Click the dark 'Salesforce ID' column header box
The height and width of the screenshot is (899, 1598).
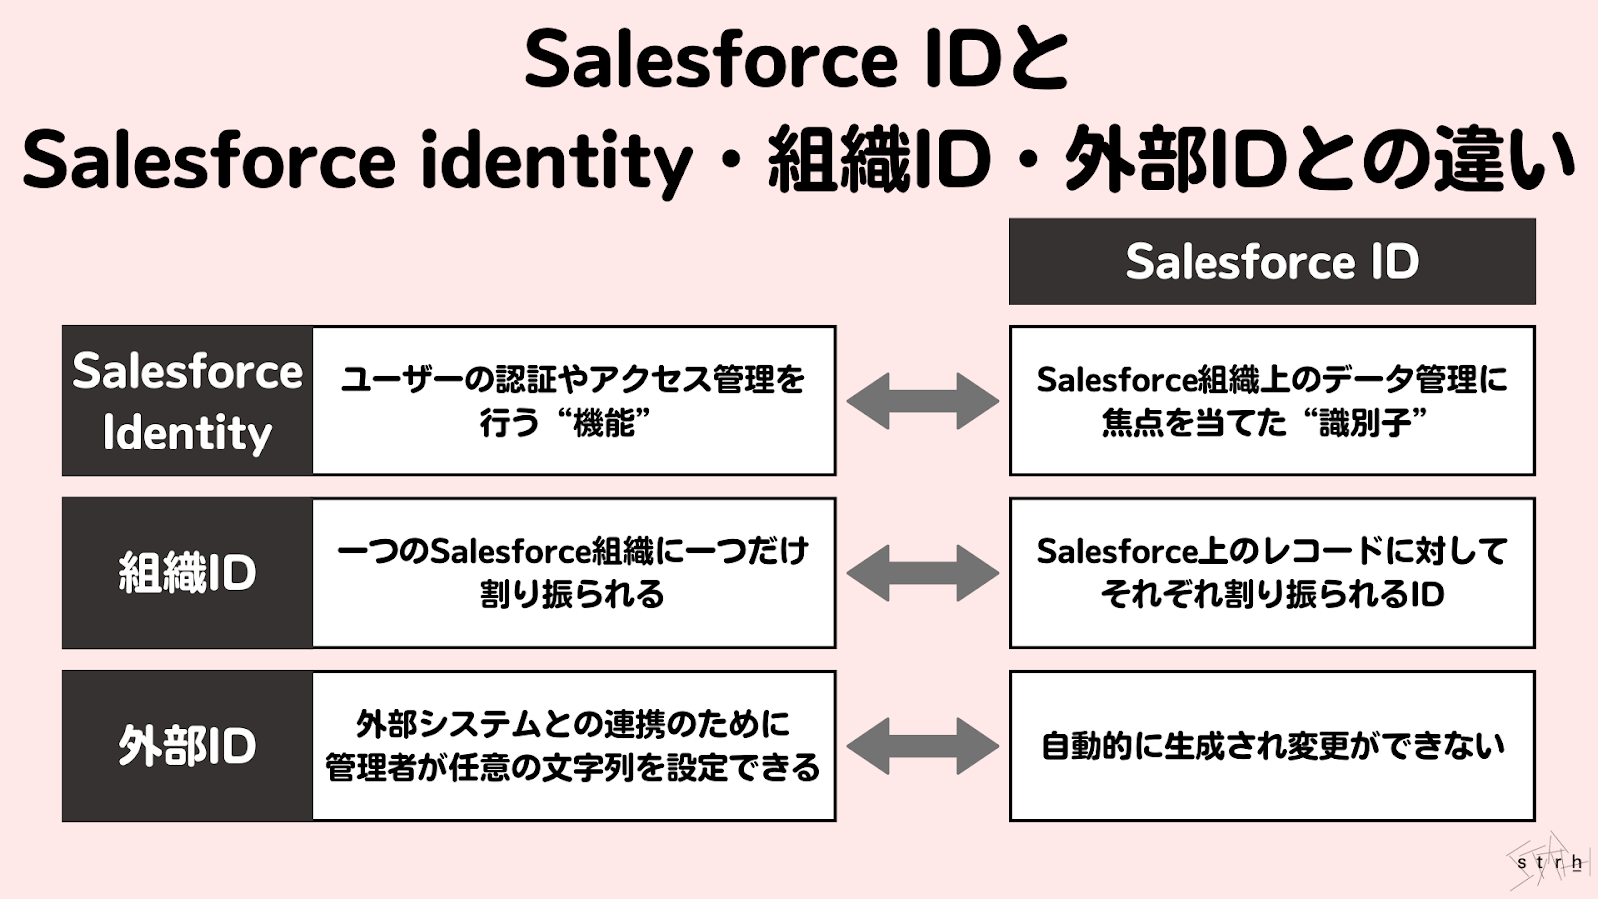point(1271,261)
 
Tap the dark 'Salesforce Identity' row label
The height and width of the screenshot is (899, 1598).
point(187,401)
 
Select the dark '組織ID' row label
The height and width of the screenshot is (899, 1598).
point(187,573)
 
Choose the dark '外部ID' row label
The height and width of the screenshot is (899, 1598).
point(187,746)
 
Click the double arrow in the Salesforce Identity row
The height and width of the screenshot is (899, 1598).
point(922,401)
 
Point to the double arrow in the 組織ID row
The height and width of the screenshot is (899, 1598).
point(922,573)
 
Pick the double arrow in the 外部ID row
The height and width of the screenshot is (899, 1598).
point(922,746)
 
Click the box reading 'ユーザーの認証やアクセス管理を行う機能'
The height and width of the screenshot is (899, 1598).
point(573,401)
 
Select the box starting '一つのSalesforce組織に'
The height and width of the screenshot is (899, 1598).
point(573,573)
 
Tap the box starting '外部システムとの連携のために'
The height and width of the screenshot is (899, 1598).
point(573,746)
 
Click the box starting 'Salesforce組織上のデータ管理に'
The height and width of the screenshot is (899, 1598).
point(1271,401)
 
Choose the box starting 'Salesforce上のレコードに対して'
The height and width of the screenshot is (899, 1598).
point(1271,573)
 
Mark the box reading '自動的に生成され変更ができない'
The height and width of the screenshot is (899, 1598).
point(1271,746)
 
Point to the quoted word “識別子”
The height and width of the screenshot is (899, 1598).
point(1364,423)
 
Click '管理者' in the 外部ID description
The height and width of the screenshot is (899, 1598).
point(371,767)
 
